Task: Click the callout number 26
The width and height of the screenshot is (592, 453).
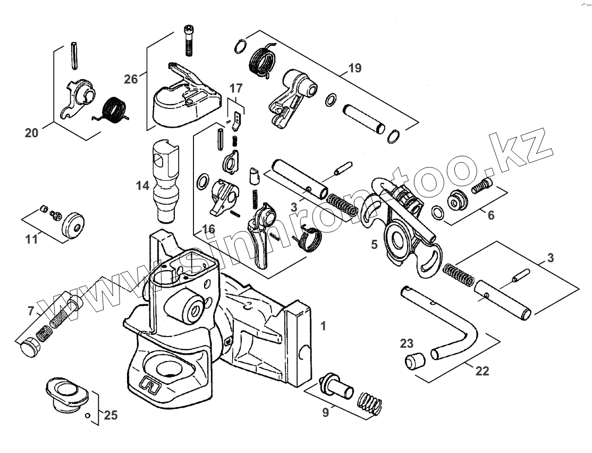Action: [131, 79]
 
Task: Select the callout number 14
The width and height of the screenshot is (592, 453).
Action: [142, 186]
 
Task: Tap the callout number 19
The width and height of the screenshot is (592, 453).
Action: [354, 68]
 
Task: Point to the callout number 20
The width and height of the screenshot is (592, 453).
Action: [31, 133]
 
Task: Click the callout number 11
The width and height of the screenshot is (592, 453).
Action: [32, 239]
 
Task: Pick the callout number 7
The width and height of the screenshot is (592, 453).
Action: [31, 310]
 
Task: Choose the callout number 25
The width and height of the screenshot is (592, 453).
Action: [110, 415]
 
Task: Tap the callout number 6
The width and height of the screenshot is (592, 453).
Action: [490, 215]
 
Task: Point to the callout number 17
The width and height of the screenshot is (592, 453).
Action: [235, 87]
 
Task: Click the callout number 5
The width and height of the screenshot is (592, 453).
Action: [374, 245]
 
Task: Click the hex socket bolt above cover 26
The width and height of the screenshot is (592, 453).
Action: [189, 40]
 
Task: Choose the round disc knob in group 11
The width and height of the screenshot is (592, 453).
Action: [75, 225]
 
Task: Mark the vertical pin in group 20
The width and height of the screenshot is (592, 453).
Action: [74, 55]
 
